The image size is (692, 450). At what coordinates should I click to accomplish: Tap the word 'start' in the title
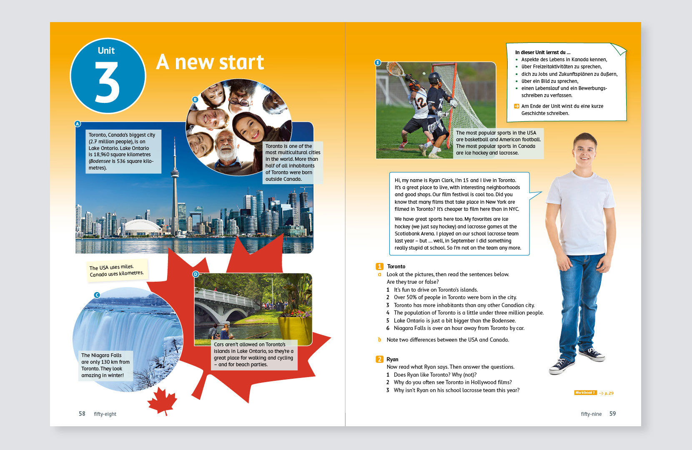tap(241, 62)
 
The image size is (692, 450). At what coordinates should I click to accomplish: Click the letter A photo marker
tap(77, 124)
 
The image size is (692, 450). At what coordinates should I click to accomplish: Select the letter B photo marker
tap(195, 100)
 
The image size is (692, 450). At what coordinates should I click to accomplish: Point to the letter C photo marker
tap(97, 295)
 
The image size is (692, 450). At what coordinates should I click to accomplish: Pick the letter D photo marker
tap(196, 274)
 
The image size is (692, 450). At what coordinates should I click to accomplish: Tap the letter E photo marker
tap(378, 62)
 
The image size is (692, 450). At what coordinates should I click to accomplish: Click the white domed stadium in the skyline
tap(143, 227)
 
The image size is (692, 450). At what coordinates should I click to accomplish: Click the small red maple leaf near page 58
tap(162, 400)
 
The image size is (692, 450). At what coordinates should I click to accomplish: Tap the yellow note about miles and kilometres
tap(116, 270)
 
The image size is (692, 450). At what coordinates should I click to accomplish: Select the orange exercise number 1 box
tap(379, 266)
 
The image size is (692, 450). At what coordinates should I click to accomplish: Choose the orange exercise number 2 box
tap(379, 359)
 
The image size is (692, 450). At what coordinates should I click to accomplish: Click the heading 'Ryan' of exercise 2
tap(392, 359)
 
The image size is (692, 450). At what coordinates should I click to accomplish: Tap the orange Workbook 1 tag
tap(585, 393)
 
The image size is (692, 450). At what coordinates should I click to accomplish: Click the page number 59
tap(612, 414)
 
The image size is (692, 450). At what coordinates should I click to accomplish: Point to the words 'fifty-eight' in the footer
tap(105, 414)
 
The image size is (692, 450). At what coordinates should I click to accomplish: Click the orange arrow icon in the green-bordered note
tap(517, 106)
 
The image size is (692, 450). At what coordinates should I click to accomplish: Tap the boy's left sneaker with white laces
tap(593, 354)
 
